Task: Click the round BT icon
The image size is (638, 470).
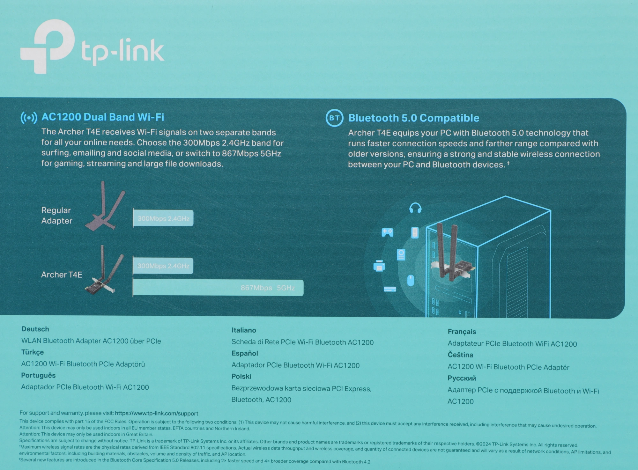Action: (334, 118)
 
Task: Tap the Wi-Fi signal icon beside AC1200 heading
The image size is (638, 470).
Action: (29, 118)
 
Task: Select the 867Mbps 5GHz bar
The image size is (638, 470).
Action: (218, 288)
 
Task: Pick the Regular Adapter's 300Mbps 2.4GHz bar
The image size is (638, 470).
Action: (163, 218)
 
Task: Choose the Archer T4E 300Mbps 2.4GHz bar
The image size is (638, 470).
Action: (163, 266)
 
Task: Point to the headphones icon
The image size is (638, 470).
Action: (415, 208)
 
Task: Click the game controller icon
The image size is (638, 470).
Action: (387, 232)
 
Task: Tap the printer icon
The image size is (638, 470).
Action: (379, 266)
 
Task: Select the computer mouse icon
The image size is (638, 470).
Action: (411, 281)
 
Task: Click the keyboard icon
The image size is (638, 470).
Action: (390, 289)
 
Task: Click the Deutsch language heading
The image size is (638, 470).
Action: (35, 329)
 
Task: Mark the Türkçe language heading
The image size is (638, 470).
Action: (32, 352)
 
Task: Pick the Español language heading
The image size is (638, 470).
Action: (245, 353)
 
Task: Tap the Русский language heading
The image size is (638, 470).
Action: (462, 378)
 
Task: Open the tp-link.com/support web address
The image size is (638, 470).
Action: (156, 414)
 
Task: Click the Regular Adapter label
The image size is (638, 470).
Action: (56, 216)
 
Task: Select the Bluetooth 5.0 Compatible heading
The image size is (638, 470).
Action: (413, 118)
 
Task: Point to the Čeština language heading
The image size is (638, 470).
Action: (460, 355)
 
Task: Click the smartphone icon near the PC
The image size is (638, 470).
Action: (415, 232)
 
